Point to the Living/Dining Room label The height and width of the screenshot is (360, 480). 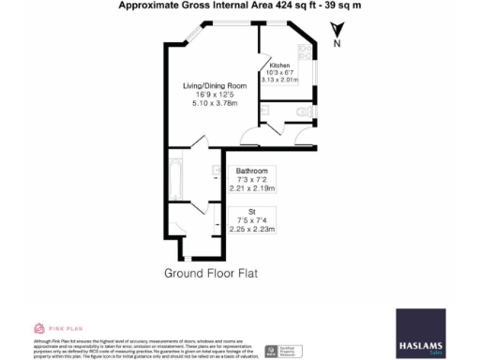pyautogui.click(x=215, y=85)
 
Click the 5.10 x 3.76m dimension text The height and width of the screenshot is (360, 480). pyautogui.click(x=215, y=103)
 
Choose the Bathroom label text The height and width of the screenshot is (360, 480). pyautogui.click(x=251, y=171)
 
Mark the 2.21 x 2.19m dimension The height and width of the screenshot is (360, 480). pyautogui.click(x=251, y=187)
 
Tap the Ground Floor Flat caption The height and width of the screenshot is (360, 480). pyautogui.click(x=210, y=274)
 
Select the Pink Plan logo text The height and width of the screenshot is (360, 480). pyautogui.click(x=66, y=328)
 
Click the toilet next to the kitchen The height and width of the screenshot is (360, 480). pyautogui.click(x=302, y=112)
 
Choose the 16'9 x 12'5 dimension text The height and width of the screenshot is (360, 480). pyautogui.click(x=215, y=95)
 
